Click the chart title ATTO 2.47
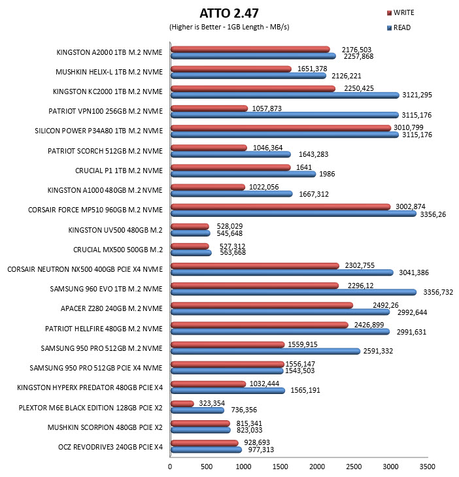coord(229,13)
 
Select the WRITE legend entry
coord(400,12)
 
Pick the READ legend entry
coord(399,27)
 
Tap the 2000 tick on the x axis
coord(317,467)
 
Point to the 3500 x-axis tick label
coord(428,467)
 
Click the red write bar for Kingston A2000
coord(250,49)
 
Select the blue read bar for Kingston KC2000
coord(285,95)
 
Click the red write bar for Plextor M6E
coord(182,404)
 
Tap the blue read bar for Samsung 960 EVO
coord(294,292)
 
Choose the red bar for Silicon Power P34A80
coord(280,128)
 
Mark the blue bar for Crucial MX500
coord(191,253)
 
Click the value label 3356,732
coord(438,292)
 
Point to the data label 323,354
coord(212,403)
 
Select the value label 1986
coord(327,174)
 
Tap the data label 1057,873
coord(267,108)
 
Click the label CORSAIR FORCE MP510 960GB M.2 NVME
coord(95,210)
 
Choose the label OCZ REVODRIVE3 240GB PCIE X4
coord(110,447)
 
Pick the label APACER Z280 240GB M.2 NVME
coord(112,308)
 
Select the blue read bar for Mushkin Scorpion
coord(201,430)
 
